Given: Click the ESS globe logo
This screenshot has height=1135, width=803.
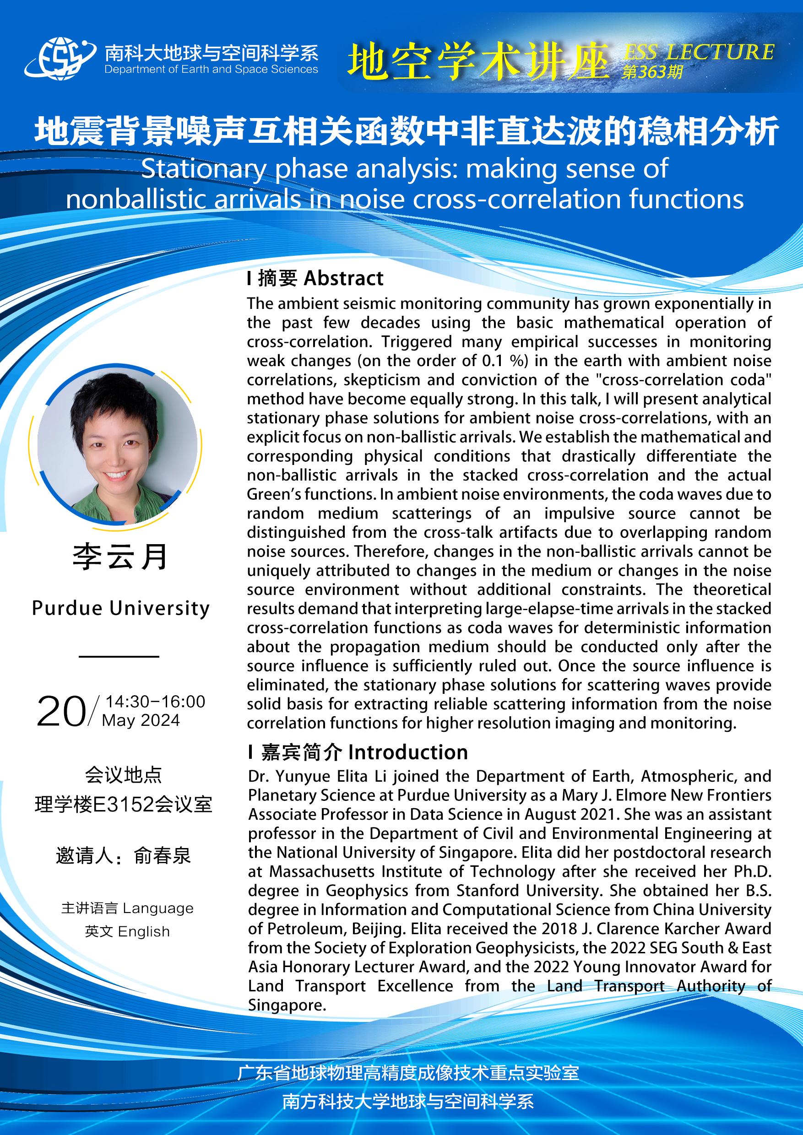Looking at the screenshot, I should pos(60,59).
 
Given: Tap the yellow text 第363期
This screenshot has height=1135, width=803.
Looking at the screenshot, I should pos(652,73).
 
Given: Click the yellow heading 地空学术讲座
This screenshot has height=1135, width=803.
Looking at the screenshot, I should pos(477,61).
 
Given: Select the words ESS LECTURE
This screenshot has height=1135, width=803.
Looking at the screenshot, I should pos(698,51).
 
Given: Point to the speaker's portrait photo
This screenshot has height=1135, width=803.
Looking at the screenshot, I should pos(118,443).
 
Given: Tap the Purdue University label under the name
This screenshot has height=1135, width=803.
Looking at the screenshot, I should pos(121,608).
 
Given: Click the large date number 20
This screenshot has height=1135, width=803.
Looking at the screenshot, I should pos(61,712).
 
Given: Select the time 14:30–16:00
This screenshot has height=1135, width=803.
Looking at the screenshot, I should pos(155,702).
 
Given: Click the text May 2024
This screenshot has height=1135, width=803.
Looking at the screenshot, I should pos(141,720).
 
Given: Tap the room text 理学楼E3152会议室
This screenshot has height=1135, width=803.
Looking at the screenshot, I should pos(124,805).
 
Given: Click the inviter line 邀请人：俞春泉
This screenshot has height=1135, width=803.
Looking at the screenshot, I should pos(124,856).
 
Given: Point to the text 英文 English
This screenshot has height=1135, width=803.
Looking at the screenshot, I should pos(128,931).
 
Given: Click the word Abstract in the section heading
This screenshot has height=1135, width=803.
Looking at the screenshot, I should pos(344,278).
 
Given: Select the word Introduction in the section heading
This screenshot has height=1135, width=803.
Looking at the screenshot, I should pos(408,752).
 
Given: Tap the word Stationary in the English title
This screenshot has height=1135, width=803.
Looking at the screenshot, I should pos(204,169).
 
